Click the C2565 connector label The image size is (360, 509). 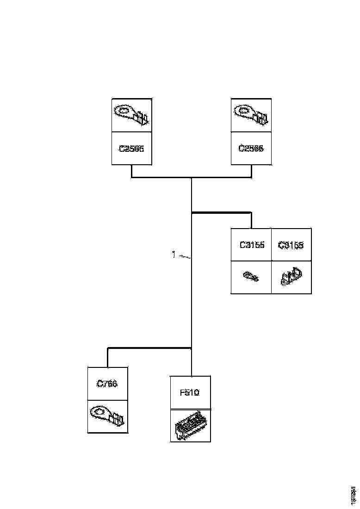[x=131, y=149]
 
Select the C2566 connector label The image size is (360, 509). [x=251, y=149]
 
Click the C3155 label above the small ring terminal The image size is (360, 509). [x=252, y=245]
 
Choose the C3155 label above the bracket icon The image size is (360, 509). [x=291, y=245]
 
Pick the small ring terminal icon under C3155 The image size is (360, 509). [x=252, y=277]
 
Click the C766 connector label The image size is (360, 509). [x=107, y=384]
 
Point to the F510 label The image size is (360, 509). [x=189, y=393]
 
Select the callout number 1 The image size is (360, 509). [x=174, y=254]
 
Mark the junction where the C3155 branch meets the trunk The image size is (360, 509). [x=192, y=213]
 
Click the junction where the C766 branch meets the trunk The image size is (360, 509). [x=192, y=348]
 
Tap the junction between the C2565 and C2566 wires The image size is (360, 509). [x=192, y=177]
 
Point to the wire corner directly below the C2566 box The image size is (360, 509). [x=251, y=177]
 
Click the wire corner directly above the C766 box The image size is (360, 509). [x=108, y=348]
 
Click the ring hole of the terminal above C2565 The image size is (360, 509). [x=123, y=110]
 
